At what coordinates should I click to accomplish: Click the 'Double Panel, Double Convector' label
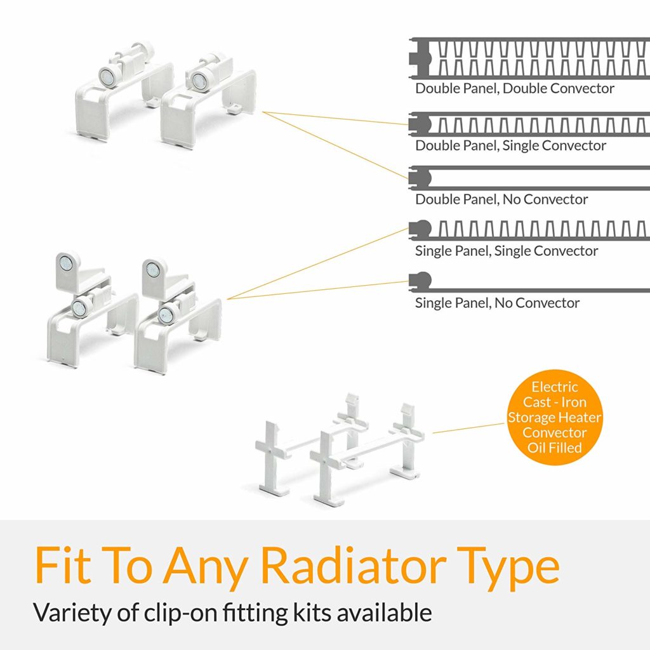tap(515, 88)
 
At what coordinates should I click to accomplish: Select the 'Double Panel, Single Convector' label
tap(510, 145)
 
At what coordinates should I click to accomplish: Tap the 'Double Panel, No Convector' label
tap(501, 199)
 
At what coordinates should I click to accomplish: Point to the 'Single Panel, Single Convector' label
tap(507, 251)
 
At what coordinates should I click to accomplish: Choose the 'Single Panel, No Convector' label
tap(497, 303)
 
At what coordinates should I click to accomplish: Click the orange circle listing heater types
tap(555, 417)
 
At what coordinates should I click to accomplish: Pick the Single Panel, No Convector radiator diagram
tap(421, 280)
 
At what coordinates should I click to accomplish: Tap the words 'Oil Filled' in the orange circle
tap(555, 448)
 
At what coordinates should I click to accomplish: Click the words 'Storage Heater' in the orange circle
tap(555, 417)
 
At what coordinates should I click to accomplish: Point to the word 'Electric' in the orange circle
tap(555, 387)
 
